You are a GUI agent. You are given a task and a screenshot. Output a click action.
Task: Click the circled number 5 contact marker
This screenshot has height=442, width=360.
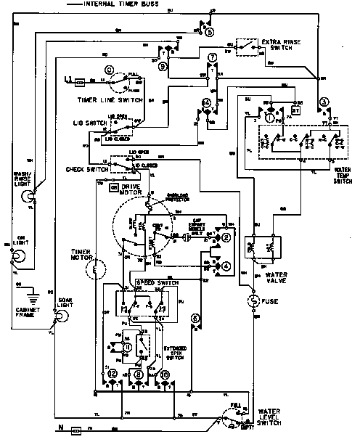pos(210,33)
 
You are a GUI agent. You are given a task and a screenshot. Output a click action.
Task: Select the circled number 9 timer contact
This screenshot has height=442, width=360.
pos(163,66)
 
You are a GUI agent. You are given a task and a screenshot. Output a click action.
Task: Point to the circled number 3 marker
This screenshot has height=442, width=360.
pos(324,100)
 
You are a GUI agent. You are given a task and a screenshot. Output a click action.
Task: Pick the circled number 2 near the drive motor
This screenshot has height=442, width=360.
pos(226,238)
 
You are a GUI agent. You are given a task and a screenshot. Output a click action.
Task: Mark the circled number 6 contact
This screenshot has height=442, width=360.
pos(195,317)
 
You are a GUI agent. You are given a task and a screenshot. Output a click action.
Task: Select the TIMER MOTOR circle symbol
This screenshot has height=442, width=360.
pos(92,271)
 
